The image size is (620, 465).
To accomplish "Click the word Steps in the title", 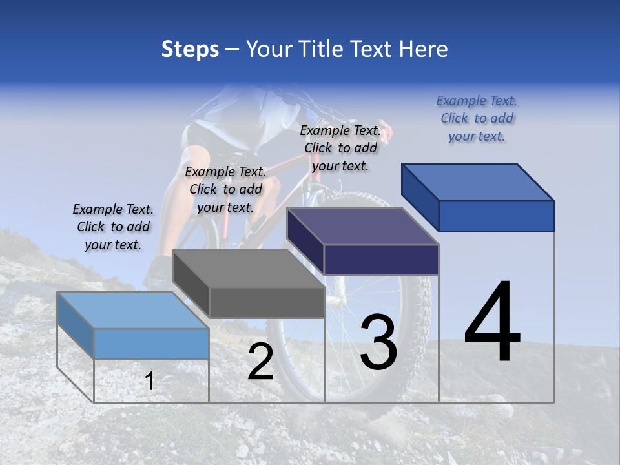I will [x=190, y=50].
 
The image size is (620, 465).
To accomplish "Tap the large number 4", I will [x=492, y=322].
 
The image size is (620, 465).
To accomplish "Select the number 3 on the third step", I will [x=378, y=342].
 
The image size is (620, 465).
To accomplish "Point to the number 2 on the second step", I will [x=260, y=362].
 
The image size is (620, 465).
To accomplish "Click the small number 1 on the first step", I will [x=150, y=381].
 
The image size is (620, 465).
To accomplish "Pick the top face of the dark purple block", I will [x=362, y=226].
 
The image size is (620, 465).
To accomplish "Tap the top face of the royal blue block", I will [x=478, y=181].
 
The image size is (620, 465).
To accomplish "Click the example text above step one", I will [x=113, y=227].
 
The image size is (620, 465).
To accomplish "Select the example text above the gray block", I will [x=225, y=189].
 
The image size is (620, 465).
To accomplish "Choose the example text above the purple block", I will [x=340, y=148].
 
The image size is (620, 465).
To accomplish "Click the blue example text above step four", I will [x=477, y=118].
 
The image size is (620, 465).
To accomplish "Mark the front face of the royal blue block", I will [x=496, y=216].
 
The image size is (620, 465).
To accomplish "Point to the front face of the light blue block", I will [x=151, y=344].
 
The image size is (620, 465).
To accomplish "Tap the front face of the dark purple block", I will [x=381, y=260].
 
